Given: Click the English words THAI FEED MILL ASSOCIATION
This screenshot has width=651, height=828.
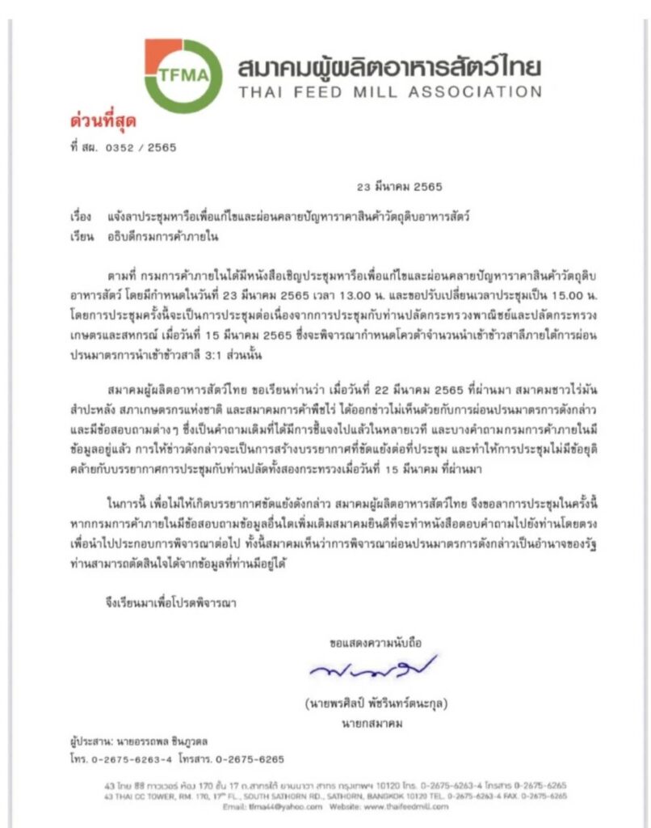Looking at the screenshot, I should click(389, 91).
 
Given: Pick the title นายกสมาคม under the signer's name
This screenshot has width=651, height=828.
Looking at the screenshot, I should click(373, 723).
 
